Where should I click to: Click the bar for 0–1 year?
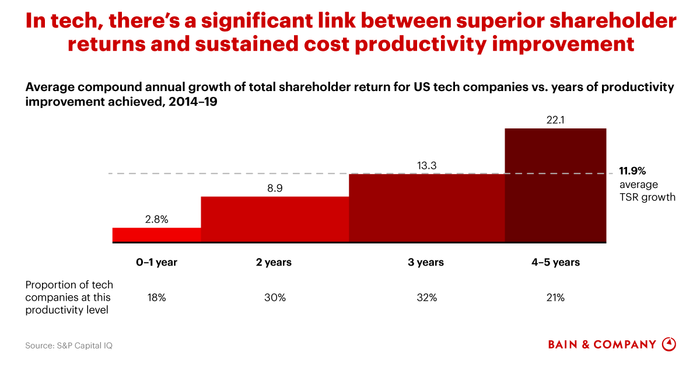[156, 235]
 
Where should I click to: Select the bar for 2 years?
[275, 219]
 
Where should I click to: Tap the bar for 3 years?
[426, 208]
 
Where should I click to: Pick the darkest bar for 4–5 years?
[555, 185]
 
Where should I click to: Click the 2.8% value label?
[156, 219]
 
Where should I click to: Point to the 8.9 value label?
[275, 189]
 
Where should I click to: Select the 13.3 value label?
[426, 166]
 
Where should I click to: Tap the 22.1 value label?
[555, 120]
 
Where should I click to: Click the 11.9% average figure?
[632, 171]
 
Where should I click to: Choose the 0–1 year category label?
[156, 262]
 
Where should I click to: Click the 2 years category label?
[275, 262]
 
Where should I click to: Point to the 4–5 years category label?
[555, 262]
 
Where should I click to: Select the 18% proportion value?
[156, 298]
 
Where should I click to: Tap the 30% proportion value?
[275, 298]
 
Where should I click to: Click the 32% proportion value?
[426, 298]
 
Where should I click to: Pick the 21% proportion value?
[555, 298]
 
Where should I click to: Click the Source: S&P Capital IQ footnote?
[68, 346]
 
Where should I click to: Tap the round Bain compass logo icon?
[669, 344]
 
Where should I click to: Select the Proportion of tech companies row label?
[69, 297]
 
